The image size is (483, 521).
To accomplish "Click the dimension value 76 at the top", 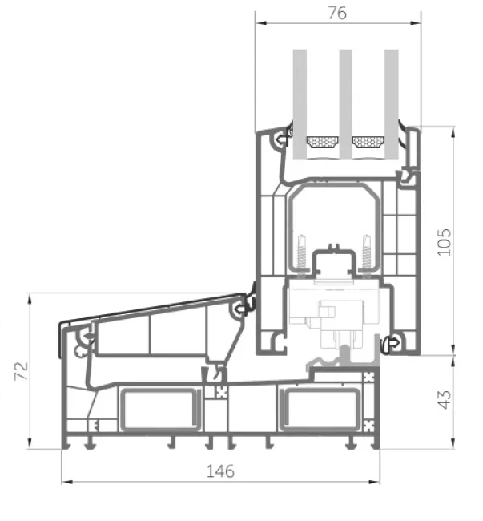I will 337,14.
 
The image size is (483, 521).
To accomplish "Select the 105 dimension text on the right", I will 445,241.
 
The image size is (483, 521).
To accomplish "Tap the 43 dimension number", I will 445,398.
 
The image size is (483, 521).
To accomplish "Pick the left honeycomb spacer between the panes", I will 322,143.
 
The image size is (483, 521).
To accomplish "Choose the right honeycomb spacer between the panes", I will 368,143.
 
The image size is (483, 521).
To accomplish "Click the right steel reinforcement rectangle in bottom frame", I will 320,410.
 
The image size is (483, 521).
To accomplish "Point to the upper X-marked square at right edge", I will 370,376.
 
